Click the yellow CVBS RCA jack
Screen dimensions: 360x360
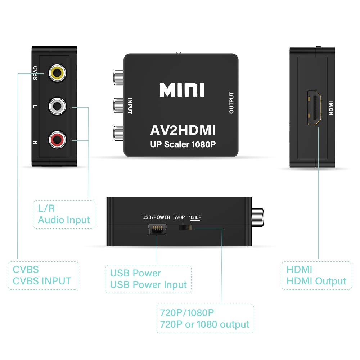(58, 73)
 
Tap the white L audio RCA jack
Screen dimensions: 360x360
(58, 107)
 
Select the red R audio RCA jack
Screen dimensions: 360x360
(58, 140)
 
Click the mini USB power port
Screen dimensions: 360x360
(156, 230)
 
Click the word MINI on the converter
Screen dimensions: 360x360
(182, 90)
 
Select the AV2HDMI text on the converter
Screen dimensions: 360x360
(183, 130)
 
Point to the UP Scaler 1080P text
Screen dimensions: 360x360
(183, 145)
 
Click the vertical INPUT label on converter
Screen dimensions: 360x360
(130, 106)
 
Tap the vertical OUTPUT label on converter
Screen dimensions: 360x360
(231, 103)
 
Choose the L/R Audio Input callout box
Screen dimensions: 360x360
(64, 214)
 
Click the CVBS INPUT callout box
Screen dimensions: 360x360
(42, 275)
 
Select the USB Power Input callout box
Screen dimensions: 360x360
(148, 279)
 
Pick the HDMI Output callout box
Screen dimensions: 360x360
(316, 275)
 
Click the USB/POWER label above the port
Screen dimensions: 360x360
(156, 217)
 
